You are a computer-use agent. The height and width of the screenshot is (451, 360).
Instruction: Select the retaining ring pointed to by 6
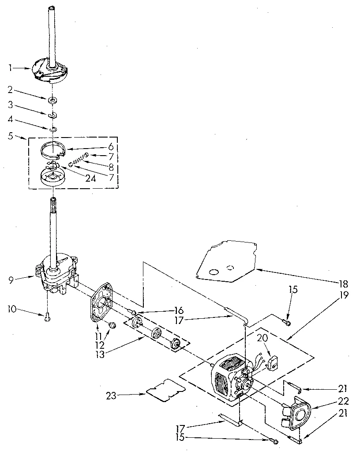pyautogui.click(x=52, y=150)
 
